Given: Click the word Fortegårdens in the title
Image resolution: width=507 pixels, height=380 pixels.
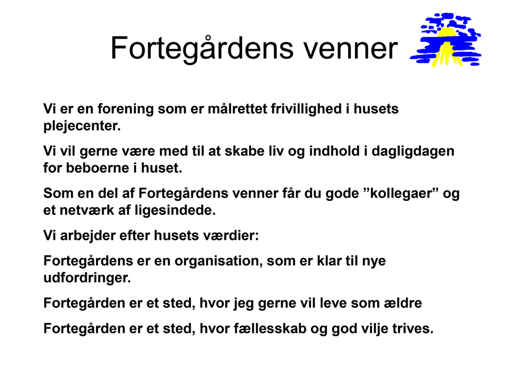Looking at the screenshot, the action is [x=202, y=49].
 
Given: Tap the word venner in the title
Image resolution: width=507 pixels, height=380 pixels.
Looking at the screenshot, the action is [x=350, y=49].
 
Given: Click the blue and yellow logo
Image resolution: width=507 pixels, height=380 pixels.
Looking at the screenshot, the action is [x=445, y=40].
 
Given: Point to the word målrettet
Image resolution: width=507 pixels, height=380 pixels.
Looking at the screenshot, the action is [x=237, y=109].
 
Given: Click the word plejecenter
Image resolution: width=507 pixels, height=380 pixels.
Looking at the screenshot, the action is [x=82, y=126].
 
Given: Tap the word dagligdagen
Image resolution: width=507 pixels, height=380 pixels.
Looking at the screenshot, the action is [x=413, y=152].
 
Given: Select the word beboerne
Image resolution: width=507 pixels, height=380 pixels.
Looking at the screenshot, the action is [x=98, y=168].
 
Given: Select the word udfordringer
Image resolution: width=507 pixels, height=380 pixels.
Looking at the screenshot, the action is [x=87, y=278].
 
